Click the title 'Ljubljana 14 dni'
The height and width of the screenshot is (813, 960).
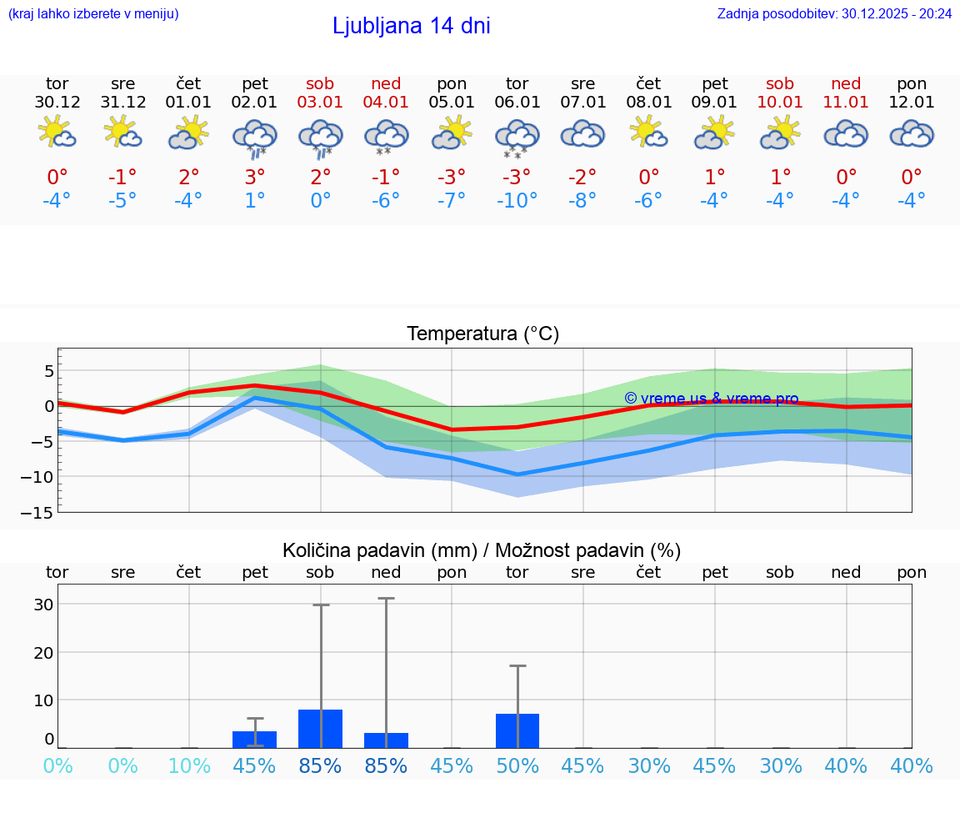411,26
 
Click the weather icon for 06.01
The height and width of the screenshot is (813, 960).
517,138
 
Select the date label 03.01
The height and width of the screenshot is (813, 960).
321,103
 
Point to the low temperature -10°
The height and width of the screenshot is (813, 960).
517,201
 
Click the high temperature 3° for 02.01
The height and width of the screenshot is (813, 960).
255,177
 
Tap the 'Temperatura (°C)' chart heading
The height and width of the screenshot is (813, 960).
482,334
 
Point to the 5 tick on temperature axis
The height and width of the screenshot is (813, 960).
48,371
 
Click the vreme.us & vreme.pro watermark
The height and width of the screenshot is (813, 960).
711,399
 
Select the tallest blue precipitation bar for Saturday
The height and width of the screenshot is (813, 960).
321,729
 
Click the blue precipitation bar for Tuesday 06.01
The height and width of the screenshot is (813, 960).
517,730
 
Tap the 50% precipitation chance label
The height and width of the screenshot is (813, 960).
517,765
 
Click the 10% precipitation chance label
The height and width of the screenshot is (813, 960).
189,765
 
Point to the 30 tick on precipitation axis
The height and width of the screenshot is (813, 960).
43,605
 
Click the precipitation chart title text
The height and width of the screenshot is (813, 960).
482,550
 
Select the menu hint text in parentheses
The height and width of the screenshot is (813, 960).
93,13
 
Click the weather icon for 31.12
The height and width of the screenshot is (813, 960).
123,133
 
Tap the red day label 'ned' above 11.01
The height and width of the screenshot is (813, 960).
846,83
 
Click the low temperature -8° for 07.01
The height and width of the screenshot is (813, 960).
582,201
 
